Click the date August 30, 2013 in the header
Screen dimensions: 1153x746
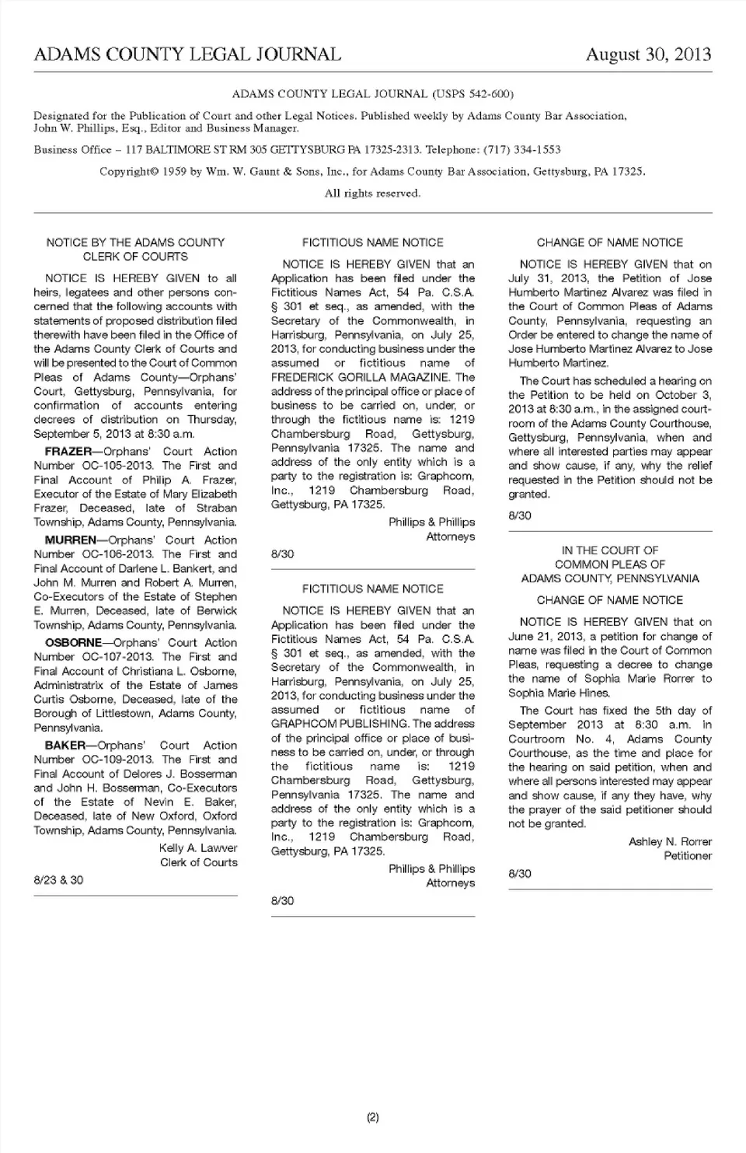648,54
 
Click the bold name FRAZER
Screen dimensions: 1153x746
68,452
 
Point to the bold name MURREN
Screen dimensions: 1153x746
71,540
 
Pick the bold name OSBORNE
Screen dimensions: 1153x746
73,643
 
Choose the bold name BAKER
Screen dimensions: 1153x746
65,746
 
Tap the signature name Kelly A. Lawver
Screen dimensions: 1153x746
198,848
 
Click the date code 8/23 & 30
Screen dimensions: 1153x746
58,880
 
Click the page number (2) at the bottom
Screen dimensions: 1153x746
372,1118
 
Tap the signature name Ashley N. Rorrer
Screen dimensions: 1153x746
670,842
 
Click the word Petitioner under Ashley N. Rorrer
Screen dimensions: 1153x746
688,856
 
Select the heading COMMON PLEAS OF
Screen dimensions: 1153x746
610,564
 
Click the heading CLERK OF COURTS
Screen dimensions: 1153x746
135,257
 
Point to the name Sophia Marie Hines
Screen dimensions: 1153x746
559,693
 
